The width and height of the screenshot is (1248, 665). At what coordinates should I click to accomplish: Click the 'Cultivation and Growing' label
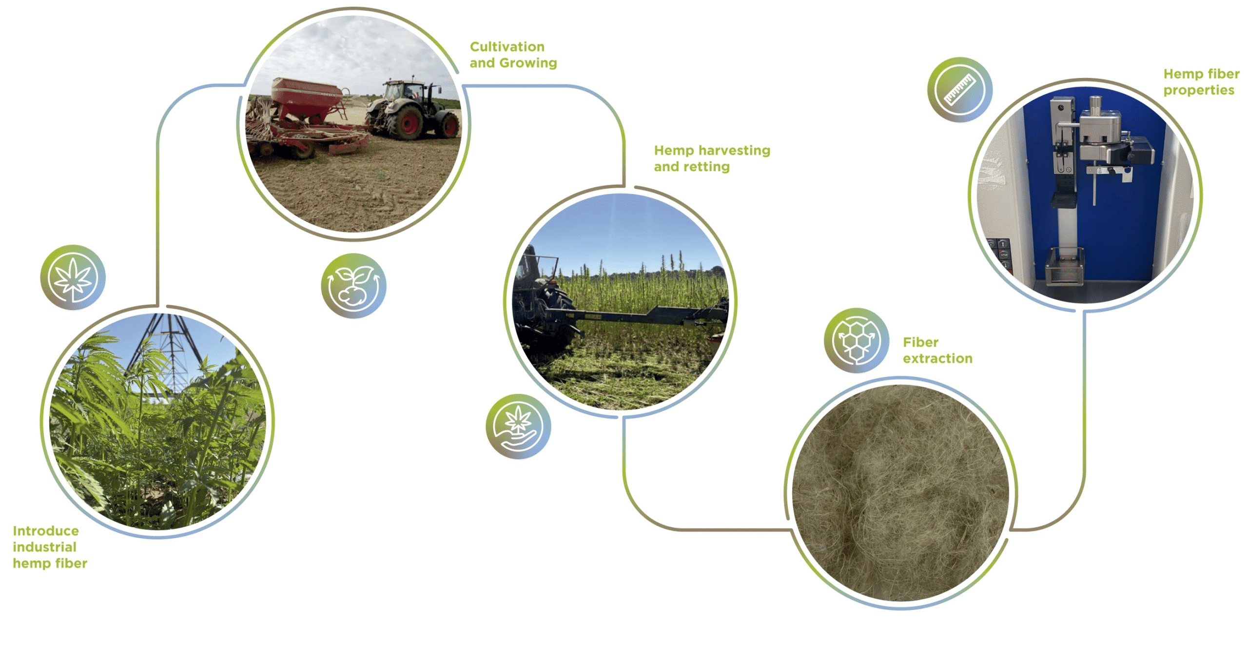513,55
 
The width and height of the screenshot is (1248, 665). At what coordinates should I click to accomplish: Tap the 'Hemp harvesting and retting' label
712,158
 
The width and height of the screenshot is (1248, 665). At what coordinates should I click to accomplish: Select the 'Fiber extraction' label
937,350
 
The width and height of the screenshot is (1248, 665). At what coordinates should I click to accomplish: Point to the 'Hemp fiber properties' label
1201,82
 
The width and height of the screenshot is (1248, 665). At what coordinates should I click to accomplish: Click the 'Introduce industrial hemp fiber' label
50,547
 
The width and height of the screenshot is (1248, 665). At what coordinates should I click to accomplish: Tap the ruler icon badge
959,89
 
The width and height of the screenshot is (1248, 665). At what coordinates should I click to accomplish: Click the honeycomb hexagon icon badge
856,340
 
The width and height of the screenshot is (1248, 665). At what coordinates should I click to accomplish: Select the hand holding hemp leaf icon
518,427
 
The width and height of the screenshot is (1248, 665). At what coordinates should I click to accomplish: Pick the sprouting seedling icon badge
353,286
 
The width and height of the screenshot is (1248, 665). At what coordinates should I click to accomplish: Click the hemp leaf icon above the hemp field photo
73,277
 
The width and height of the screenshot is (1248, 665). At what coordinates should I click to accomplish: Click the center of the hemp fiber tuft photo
900,493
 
